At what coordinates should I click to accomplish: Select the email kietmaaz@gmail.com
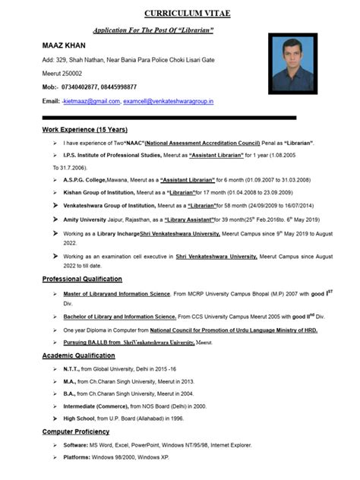[93, 101]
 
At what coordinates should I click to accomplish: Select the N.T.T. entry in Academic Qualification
[73, 368]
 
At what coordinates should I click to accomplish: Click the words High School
[80, 418]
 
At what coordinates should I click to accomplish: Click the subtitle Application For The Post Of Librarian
[153, 30]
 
